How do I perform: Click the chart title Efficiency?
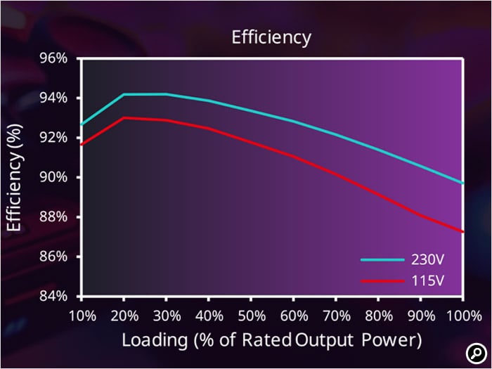[x=271, y=38]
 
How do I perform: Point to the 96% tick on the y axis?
[x=53, y=58]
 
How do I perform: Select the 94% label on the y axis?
[x=53, y=98]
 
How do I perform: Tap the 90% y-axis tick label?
[x=53, y=178]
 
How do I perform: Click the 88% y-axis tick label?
[x=53, y=217]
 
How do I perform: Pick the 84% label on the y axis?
[x=53, y=296]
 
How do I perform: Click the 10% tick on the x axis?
[x=82, y=316]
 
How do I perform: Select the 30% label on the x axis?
[x=167, y=316]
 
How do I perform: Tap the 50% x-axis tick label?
[x=252, y=316]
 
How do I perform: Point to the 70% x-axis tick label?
[x=337, y=316]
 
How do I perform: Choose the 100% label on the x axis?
[x=464, y=316]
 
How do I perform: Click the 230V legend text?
[x=427, y=260]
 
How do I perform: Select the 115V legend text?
[x=427, y=280]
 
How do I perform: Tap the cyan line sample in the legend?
[x=382, y=260]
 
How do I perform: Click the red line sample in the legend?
[x=382, y=281]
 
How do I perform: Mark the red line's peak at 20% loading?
[x=124, y=118]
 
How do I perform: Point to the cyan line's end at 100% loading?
[x=462, y=183]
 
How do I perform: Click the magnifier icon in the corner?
[x=476, y=354]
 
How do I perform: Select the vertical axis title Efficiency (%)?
[x=15, y=178]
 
